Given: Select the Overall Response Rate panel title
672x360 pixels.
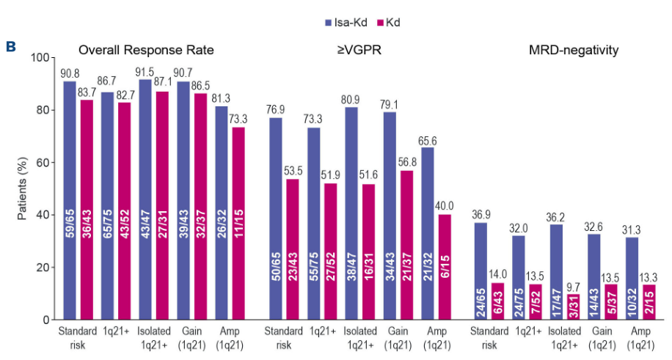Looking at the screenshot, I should (147, 51).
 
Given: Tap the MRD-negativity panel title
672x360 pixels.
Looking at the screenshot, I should (573, 51).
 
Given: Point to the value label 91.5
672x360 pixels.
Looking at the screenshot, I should (145, 73).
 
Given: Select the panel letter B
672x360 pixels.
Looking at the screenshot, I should (11, 46).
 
